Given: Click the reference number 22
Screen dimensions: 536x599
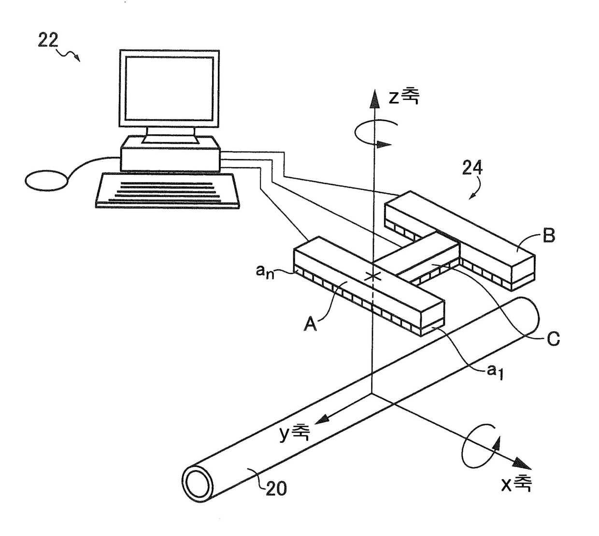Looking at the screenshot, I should (x=48, y=41).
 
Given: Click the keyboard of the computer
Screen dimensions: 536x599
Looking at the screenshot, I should (x=168, y=191).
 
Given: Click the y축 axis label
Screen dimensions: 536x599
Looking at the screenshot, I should (x=294, y=433).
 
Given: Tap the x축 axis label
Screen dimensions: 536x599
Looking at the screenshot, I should (x=516, y=483).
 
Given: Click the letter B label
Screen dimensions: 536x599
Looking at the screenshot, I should (x=549, y=236).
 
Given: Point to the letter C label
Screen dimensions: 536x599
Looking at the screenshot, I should (x=553, y=339).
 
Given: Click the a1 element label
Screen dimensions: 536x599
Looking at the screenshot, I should (x=495, y=371).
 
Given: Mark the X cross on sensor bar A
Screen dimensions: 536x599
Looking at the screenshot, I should (x=372, y=276).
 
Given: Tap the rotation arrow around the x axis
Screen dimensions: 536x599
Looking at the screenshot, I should (x=481, y=446).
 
